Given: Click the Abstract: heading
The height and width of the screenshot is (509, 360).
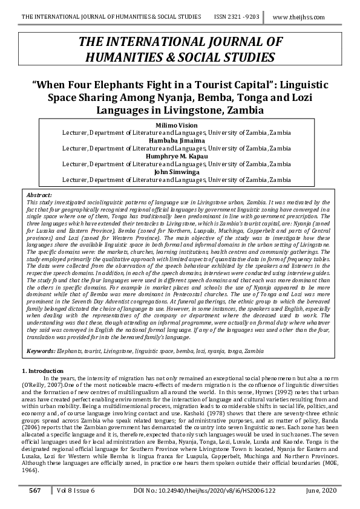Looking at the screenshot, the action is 41,195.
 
